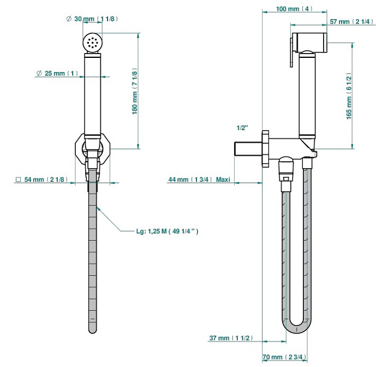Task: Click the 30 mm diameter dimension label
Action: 92,19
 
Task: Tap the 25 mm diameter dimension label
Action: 57,73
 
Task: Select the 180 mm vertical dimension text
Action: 135,91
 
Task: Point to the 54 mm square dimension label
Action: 41,179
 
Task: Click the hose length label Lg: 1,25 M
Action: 168,231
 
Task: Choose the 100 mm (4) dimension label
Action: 295,9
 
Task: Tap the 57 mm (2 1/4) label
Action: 352,22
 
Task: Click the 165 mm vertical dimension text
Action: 349,96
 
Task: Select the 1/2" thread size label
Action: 242,128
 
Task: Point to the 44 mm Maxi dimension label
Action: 199,179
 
